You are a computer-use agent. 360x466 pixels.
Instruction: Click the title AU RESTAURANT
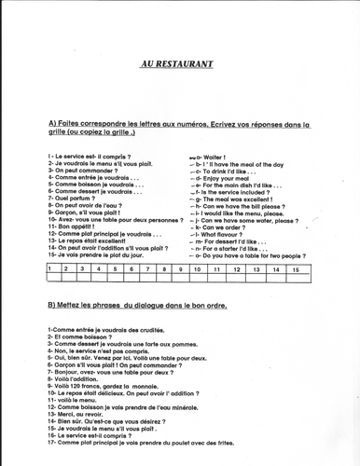point(176,64)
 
